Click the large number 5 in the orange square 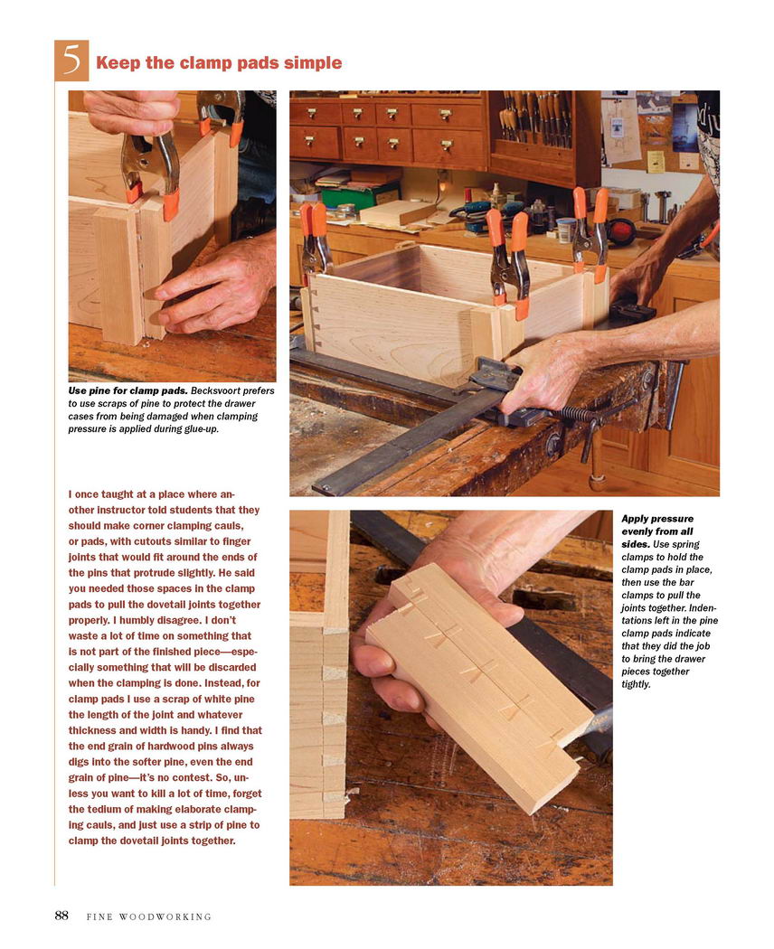[71, 60]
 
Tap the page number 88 [61, 915]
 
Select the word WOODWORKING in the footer [165, 917]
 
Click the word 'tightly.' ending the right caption [636, 684]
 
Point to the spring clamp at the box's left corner [316, 241]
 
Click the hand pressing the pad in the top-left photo [215, 286]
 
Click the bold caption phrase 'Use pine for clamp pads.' [127, 391]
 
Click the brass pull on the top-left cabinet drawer [312, 113]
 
